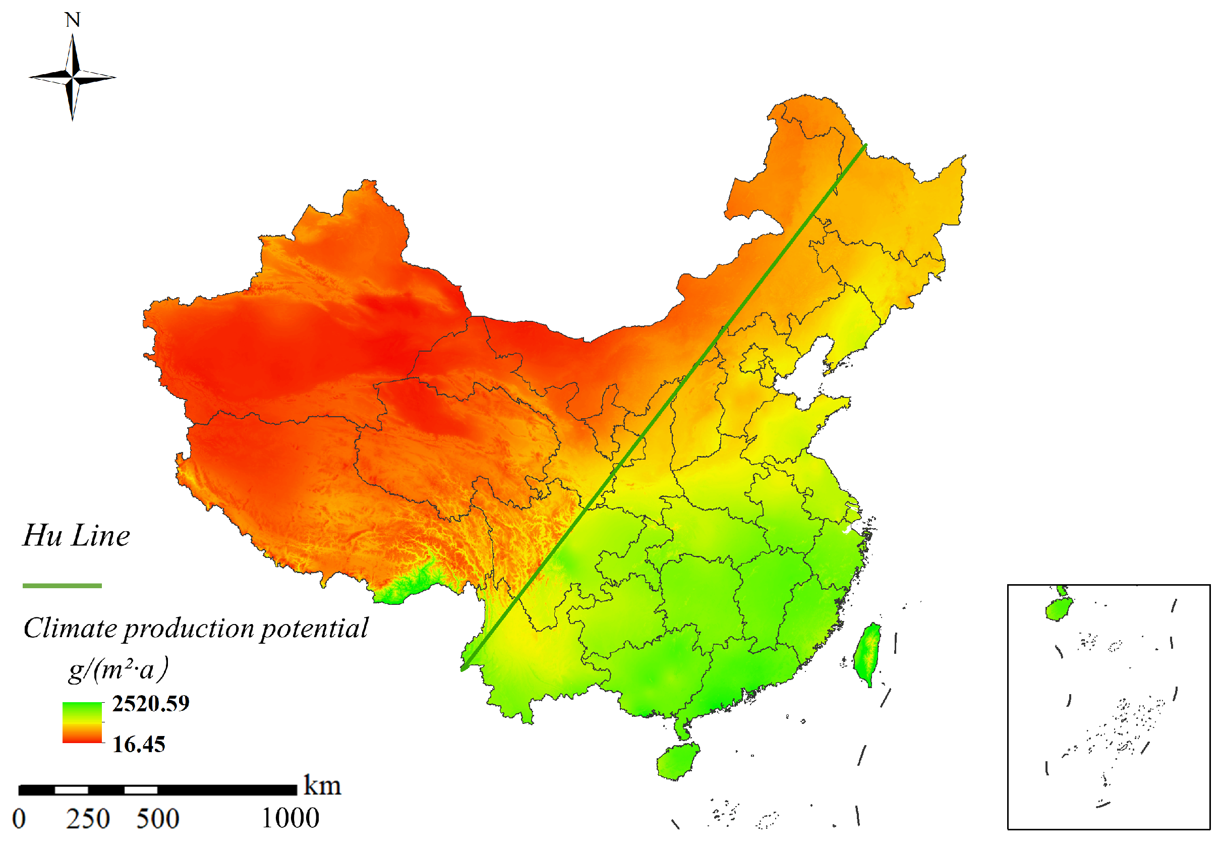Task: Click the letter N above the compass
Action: (x=73, y=20)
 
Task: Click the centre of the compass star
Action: (x=73, y=78)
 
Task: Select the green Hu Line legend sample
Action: (x=62, y=586)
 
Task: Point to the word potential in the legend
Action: (x=314, y=629)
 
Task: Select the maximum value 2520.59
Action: (x=151, y=704)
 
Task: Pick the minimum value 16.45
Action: (x=139, y=745)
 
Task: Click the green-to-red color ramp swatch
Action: (x=82, y=722)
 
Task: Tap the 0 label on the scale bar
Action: (x=19, y=819)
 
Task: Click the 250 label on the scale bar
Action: (x=88, y=819)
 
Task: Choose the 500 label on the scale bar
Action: (x=157, y=819)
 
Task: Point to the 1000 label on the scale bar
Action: (x=290, y=818)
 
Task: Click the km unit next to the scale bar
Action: (x=322, y=786)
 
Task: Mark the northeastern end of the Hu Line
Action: (x=865, y=145)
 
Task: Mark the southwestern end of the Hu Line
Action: (x=462, y=669)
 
